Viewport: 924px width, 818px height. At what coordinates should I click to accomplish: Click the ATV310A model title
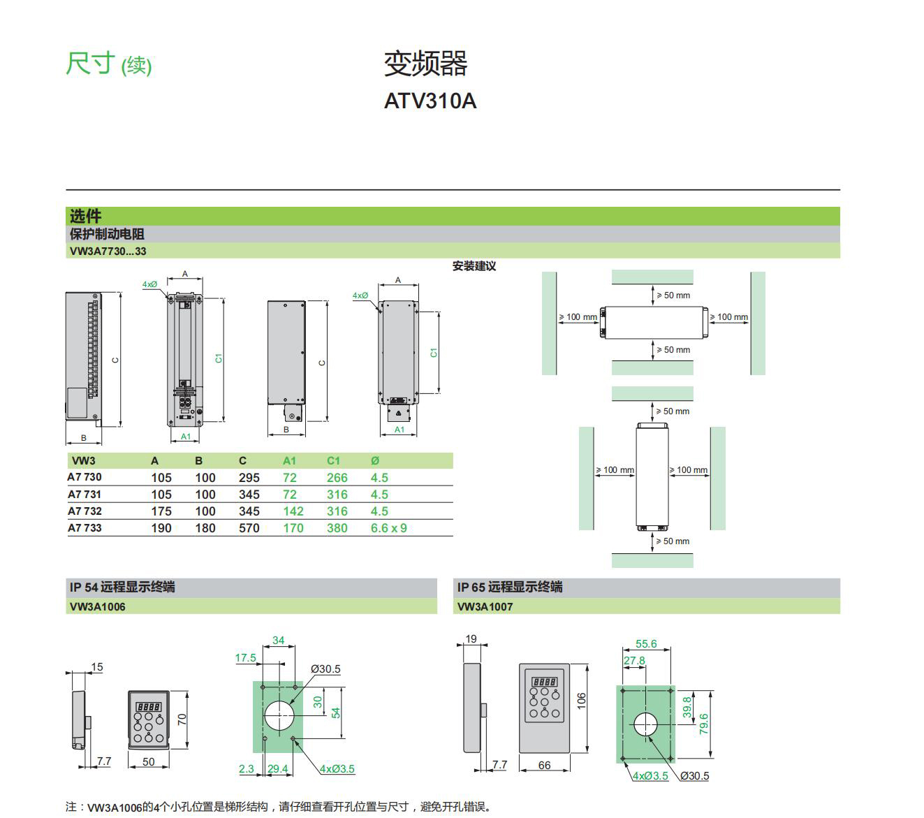coord(430,101)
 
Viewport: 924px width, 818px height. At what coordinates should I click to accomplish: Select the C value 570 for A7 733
coord(249,528)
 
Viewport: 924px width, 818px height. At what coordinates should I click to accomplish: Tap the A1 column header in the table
coord(289,461)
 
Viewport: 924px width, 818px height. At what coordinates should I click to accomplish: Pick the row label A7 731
coord(85,495)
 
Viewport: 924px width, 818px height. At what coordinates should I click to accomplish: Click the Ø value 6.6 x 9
coord(388,528)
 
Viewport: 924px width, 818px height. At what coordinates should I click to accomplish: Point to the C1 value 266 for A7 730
coord(337,478)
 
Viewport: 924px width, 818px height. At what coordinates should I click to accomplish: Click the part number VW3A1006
coord(97,606)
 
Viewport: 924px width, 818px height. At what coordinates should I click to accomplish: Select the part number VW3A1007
coord(485,606)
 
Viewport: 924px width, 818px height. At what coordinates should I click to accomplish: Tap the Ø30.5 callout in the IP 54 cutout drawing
coord(325,669)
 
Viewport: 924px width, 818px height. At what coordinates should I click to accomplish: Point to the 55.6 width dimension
coord(645,644)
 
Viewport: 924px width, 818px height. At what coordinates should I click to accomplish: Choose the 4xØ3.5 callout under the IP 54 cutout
coord(337,769)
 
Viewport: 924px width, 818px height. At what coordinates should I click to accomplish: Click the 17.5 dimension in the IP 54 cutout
coord(245,658)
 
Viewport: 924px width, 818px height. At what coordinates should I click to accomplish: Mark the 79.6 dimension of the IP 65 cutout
coord(704,723)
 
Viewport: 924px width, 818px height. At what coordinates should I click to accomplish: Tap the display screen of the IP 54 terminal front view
coord(148,706)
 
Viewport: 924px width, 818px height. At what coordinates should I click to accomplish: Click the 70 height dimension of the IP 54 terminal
coord(182,719)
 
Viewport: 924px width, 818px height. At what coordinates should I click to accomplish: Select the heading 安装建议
coord(474,266)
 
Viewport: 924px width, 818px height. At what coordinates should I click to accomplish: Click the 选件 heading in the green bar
coord(85,216)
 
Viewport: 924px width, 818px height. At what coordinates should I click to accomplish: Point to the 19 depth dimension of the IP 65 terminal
coord(471,638)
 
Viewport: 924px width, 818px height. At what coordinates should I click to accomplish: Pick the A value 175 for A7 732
coord(161,511)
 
